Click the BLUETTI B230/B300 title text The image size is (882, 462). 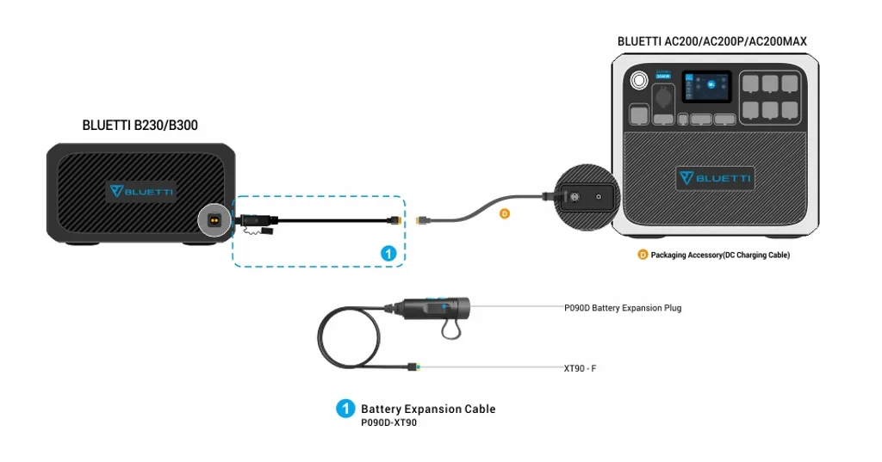(x=140, y=126)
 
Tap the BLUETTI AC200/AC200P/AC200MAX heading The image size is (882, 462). (x=711, y=41)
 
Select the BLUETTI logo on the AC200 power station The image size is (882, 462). (x=715, y=178)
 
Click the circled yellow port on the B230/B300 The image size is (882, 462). (x=214, y=219)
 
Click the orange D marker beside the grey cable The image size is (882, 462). (x=505, y=213)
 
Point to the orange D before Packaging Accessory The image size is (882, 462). (x=643, y=255)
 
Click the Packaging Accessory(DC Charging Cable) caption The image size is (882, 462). (x=720, y=255)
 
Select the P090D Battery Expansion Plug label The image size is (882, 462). (x=622, y=307)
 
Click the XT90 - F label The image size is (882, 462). (x=580, y=368)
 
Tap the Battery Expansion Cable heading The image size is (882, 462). (x=428, y=409)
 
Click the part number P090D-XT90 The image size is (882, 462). (x=388, y=423)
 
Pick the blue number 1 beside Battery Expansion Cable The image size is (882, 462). (x=345, y=409)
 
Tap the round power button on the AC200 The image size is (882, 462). (x=638, y=82)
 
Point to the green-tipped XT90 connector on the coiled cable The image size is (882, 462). (x=414, y=367)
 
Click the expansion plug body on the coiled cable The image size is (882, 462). (x=436, y=307)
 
